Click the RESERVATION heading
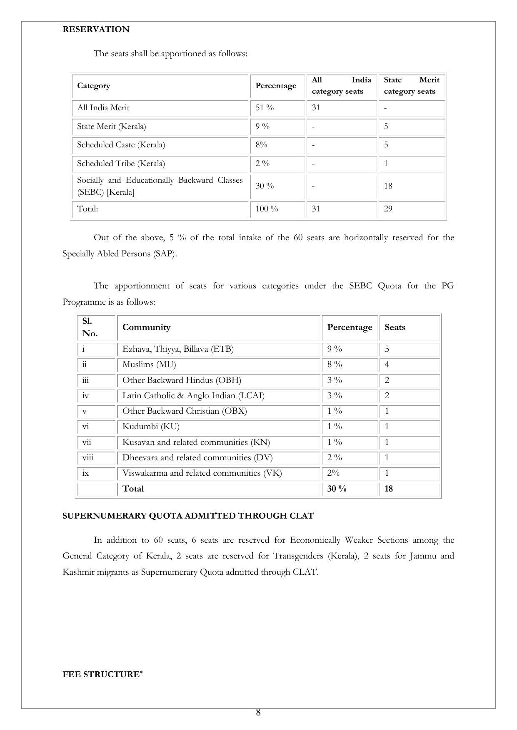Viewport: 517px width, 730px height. click(x=96, y=29)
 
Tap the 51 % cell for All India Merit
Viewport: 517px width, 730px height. click(x=265, y=108)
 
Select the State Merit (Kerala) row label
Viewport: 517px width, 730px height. click(x=112, y=127)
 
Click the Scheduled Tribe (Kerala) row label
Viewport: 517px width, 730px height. click(x=121, y=164)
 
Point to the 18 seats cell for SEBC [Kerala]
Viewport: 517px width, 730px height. click(x=388, y=186)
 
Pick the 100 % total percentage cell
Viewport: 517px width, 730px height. click(x=267, y=209)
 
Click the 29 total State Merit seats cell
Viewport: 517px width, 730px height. click(x=388, y=209)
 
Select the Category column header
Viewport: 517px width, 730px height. click(x=94, y=86)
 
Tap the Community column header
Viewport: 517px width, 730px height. click(x=146, y=328)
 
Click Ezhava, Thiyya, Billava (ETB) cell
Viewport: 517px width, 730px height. click(x=178, y=349)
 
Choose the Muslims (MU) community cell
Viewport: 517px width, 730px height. click(x=149, y=365)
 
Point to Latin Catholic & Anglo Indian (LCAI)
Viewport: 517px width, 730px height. click(x=193, y=396)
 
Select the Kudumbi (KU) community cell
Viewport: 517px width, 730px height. click(x=151, y=427)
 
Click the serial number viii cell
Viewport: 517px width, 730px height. click(x=87, y=458)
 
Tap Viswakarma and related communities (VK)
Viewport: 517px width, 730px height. click(x=202, y=473)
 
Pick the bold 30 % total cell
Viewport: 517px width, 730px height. click(x=337, y=489)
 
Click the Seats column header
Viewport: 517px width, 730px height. click(x=395, y=328)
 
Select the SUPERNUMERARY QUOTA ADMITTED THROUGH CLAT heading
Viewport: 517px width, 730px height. click(x=188, y=516)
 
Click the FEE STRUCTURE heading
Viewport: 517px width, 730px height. click(x=102, y=675)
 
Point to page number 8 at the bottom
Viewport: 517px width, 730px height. click(x=258, y=713)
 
